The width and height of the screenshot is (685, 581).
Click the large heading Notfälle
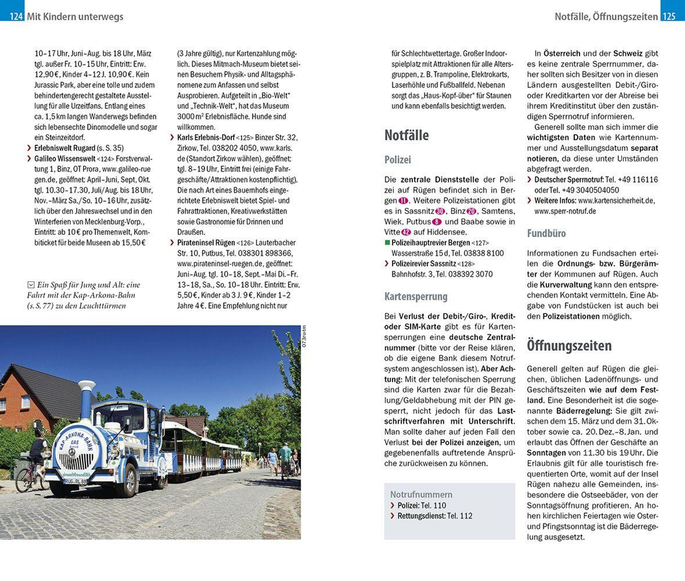[x=406, y=135]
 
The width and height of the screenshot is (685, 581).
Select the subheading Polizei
[x=398, y=160]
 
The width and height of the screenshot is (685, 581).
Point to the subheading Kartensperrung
[x=416, y=296]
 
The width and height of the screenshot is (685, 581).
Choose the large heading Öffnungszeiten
[x=569, y=346]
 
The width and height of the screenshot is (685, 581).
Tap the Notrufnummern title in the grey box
[x=421, y=494]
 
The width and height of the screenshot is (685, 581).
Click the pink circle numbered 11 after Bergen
[x=403, y=201]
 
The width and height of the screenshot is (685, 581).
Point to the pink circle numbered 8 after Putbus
[x=437, y=222]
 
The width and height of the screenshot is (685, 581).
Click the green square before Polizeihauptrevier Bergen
[x=387, y=243]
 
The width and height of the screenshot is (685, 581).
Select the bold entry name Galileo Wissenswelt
[x=65, y=159]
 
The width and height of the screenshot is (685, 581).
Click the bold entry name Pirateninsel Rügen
[x=206, y=243]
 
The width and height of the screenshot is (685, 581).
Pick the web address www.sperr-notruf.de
[x=565, y=211]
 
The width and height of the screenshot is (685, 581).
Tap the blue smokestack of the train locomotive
[x=86, y=400]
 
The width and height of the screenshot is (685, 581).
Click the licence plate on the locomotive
[x=76, y=481]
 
